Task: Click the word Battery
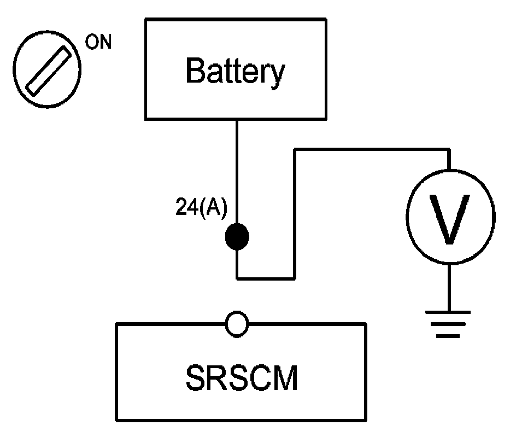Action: point(235,72)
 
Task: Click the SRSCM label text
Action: point(242,378)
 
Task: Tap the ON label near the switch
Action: point(98,42)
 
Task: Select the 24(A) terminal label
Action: point(201,207)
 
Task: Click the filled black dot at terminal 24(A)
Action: point(237,236)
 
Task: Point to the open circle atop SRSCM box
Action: point(237,324)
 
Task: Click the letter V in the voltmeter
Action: point(449,219)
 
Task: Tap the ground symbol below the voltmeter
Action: point(448,324)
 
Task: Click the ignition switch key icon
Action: point(47,69)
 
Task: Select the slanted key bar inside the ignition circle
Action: point(48,71)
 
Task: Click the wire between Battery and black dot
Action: point(237,172)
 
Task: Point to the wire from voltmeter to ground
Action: point(449,287)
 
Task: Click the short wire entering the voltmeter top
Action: point(449,160)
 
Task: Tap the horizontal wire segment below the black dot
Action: point(266,278)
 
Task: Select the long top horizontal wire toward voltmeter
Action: point(372,150)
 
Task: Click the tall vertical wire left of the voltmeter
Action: point(295,214)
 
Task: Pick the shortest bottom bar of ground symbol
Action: point(448,336)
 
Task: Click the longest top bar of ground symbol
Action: point(448,312)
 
